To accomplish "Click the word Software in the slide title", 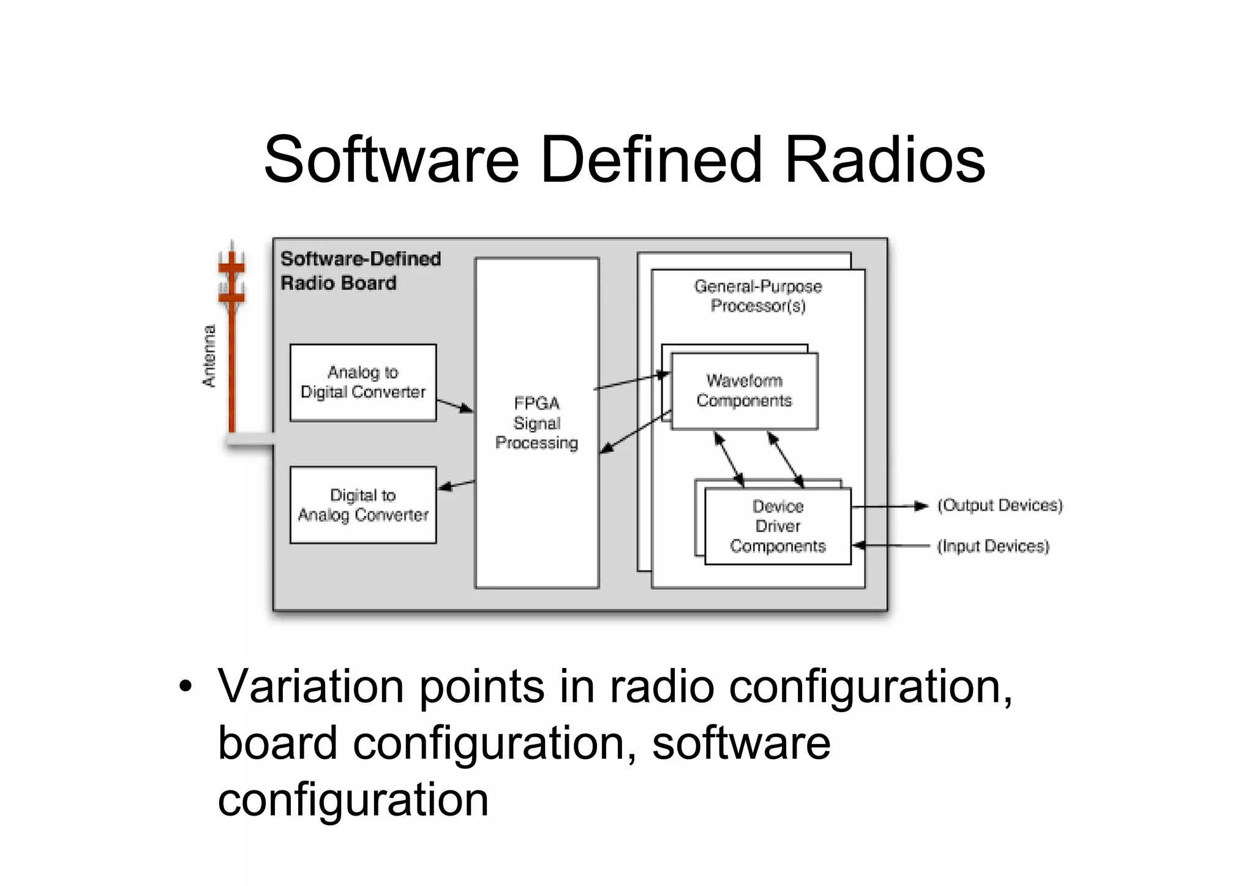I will click(391, 160).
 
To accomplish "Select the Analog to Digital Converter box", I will click(363, 383).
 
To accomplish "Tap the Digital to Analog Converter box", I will click(363, 505).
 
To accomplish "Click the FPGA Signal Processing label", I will click(536, 423).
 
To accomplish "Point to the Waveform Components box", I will click(744, 391).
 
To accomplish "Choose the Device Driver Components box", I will click(778, 526).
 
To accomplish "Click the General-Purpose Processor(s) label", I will click(757, 296).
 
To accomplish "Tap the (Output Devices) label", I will click(999, 505).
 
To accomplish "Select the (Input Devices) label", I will click(993, 546).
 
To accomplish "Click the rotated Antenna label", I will click(209, 356).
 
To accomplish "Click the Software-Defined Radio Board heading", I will click(359, 271).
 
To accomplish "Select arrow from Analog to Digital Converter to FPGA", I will click(455, 405).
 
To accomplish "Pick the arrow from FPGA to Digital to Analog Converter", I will click(456, 486).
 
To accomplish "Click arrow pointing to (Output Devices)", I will click(891, 506).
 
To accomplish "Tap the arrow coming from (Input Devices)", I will click(891, 546).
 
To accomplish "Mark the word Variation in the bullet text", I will click(310, 686).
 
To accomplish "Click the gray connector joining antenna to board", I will click(250, 440).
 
